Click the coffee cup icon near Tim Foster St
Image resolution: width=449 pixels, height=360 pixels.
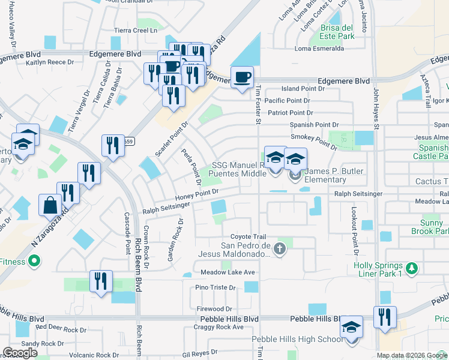(x=242, y=77)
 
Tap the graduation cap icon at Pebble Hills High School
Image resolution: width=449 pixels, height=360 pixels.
(x=351, y=328)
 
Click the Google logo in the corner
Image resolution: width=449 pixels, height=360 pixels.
(x=20, y=353)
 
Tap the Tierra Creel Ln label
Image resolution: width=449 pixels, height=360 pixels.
(x=140, y=29)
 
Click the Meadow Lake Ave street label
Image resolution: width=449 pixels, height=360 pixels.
(x=228, y=272)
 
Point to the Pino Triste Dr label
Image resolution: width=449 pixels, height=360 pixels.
(x=215, y=288)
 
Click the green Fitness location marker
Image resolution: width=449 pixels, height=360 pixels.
(x=34, y=261)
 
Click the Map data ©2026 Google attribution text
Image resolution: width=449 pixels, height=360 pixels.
(x=412, y=355)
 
